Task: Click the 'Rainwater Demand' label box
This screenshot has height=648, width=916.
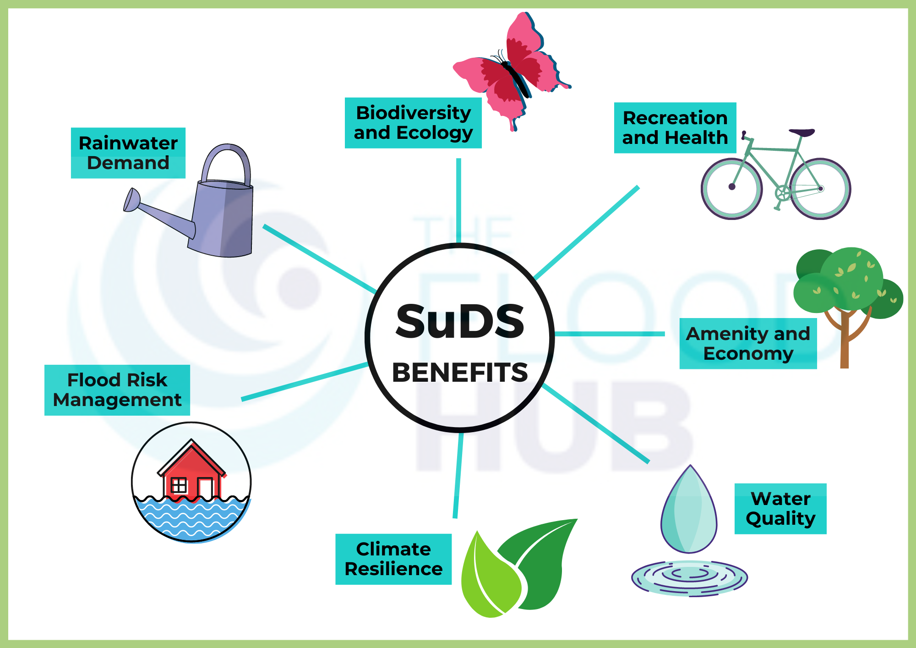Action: pos(128,153)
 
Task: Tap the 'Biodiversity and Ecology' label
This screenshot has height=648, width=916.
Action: pos(413,123)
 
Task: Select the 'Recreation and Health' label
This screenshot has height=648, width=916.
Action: pos(675,128)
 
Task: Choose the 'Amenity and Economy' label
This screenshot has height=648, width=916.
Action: pos(748,343)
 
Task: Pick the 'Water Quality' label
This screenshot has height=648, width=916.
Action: pos(780,509)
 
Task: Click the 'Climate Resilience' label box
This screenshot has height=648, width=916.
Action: pos(393,559)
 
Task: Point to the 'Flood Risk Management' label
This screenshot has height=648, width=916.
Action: pos(117,390)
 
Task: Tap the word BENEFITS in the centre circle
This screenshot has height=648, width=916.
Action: pos(460,372)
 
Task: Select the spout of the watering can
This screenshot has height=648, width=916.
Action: pos(156,213)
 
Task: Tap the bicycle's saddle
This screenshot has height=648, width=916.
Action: pos(802,132)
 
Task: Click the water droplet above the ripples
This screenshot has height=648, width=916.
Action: pos(689,511)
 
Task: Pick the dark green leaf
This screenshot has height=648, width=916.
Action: pos(543,561)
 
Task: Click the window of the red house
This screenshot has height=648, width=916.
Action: pos(178,485)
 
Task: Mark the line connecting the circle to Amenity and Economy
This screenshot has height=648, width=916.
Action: pos(610,334)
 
